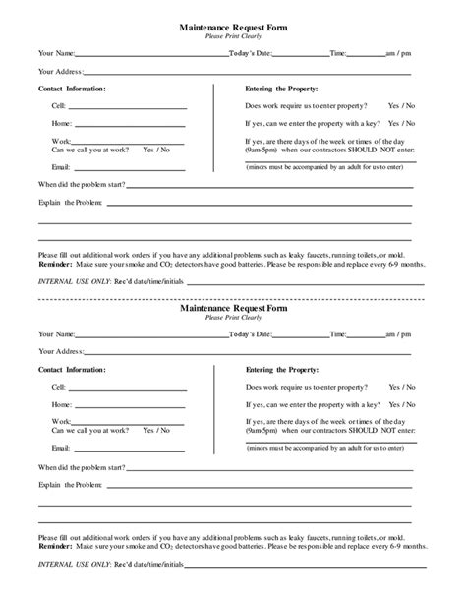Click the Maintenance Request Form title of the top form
point(234,30)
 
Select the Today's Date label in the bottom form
point(252,334)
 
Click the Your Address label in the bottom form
point(61,351)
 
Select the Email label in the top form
point(62,166)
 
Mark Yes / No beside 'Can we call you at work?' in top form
point(155,150)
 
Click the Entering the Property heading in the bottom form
point(285,368)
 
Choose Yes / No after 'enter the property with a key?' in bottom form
point(401,404)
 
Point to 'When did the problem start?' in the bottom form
point(83,465)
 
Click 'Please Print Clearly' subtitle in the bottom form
point(234,319)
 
